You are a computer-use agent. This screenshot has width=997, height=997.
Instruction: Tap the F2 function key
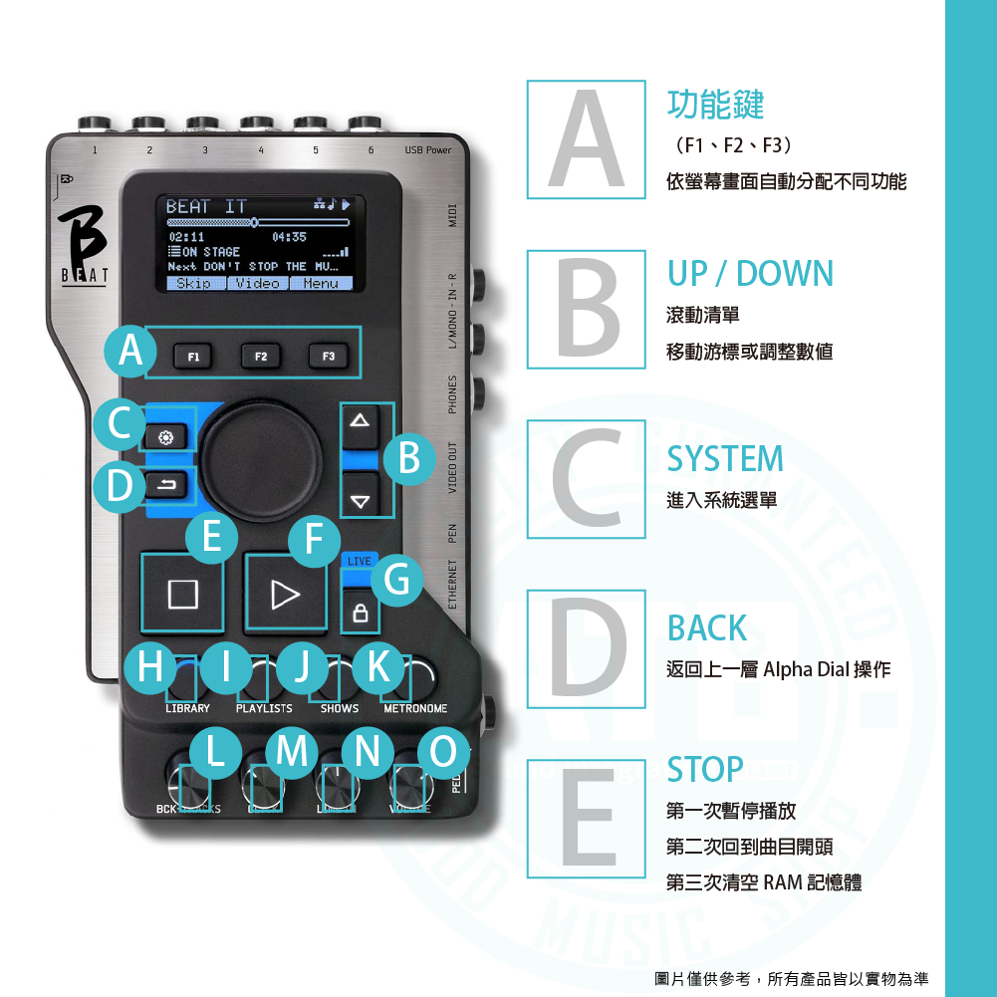(x=260, y=356)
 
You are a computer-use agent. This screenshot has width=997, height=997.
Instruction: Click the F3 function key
(x=328, y=356)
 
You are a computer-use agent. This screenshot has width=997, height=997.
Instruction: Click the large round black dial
(x=263, y=461)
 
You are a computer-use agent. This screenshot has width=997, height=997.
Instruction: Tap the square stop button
(x=182, y=595)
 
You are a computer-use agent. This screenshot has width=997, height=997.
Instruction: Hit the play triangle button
(x=286, y=595)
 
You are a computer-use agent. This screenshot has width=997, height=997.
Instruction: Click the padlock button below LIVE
(x=360, y=615)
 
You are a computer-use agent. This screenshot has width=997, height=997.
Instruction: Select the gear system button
(x=165, y=437)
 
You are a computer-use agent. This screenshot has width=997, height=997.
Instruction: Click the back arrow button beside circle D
(x=165, y=486)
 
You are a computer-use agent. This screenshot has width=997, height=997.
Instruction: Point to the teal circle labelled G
(x=397, y=581)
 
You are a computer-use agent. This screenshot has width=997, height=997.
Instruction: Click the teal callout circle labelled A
(x=130, y=351)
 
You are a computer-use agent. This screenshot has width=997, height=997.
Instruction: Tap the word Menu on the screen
(x=321, y=284)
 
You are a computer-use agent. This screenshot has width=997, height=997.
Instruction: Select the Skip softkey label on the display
(x=193, y=284)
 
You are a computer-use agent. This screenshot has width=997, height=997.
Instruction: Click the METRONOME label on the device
(x=415, y=708)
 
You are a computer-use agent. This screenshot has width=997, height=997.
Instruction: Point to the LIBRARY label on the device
(x=187, y=708)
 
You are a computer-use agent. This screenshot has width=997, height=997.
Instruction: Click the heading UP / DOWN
(x=750, y=274)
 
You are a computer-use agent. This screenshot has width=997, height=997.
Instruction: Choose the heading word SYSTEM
(x=725, y=459)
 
